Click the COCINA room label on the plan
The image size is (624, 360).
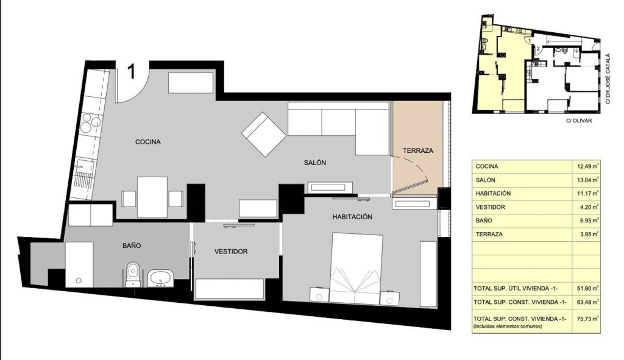[x=147, y=142]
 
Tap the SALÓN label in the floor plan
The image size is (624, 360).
[x=315, y=162]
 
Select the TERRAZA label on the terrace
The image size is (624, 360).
[x=418, y=151]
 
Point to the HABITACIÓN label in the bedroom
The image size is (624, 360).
[x=352, y=217]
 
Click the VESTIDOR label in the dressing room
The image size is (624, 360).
[x=231, y=252]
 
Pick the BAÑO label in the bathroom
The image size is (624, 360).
[x=132, y=245]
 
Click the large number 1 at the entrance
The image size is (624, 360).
[x=132, y=72]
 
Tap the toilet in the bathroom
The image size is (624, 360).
[x=132, y=274]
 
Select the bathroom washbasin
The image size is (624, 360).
[x=161, y=278]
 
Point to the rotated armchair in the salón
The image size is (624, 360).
[x=264, y=134]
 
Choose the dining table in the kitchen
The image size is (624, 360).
[x=152, y=197]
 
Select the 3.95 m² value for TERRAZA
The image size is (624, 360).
[x=589, y=235]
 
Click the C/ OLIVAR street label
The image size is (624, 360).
[x=579, y=121]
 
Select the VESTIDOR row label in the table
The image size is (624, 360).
[x=491, y=207]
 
